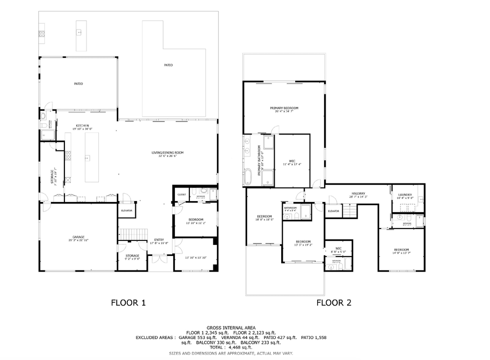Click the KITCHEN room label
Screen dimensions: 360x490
(x=82, y=125)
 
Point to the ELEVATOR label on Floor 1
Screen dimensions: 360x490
(x=126, y=210)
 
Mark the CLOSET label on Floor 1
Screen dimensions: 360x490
(x=181, y=194)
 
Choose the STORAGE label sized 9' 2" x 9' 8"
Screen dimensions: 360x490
(x=132, y=255)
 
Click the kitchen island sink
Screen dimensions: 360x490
(x=87, y=158)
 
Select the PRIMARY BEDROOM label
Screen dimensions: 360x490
(x=284, y=108)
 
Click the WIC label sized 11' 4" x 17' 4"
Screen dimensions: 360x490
(x=292, y=161)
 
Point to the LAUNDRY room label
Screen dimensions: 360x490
(x=405, y=195)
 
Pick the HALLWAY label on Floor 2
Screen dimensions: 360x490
(x=358, y=193)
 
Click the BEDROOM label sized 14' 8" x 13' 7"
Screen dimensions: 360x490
(x=401, y=249)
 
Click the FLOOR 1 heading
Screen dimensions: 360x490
(x=128, y=302)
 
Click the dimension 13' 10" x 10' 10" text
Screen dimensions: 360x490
(x=195, y=257)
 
